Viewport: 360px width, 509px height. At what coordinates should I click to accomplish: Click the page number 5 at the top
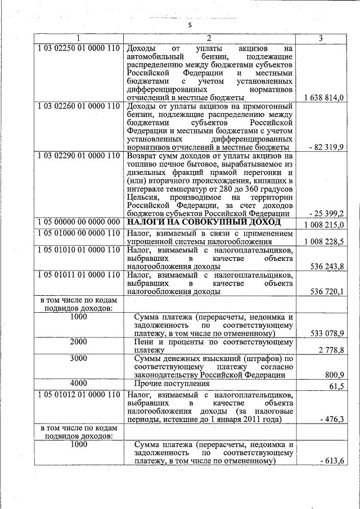point(190,25)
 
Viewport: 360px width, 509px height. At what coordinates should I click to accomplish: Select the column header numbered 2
point(209,38)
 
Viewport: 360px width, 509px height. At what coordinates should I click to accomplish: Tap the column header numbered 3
point(320,38)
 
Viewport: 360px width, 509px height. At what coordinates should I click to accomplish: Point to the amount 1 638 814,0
point(324,98)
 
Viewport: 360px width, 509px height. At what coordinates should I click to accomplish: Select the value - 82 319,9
point(327,147)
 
